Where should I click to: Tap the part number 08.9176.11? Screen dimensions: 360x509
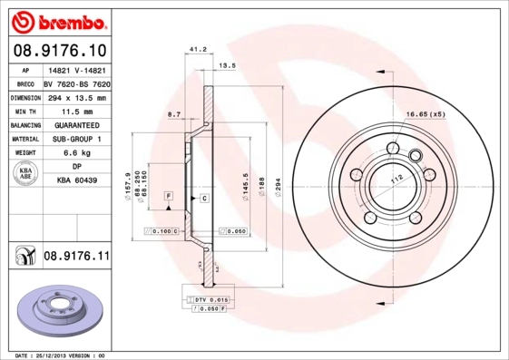coord(77,257)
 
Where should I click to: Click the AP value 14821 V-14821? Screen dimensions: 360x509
coord(75,70)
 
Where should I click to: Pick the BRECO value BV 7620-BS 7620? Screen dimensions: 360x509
coord(77,83)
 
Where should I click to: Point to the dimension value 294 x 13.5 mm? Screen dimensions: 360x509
coord(75,97)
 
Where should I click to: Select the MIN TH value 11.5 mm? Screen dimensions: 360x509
coord(75,111)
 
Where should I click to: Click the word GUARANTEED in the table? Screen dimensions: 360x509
coord(75,124)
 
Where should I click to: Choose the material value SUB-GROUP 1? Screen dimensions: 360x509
coord(75,139)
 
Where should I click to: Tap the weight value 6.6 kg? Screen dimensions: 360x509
coord(75,153)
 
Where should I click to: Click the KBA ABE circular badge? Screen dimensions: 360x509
coord(24,174)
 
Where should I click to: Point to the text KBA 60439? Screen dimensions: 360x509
coord(76,181)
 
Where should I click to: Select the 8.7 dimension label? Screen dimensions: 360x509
coord(174,113)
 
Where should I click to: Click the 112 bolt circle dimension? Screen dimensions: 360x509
coord(396,181)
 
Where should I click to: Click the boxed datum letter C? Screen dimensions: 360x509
coord(204,197)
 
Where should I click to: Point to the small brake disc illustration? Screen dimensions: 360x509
coord(55,311)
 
